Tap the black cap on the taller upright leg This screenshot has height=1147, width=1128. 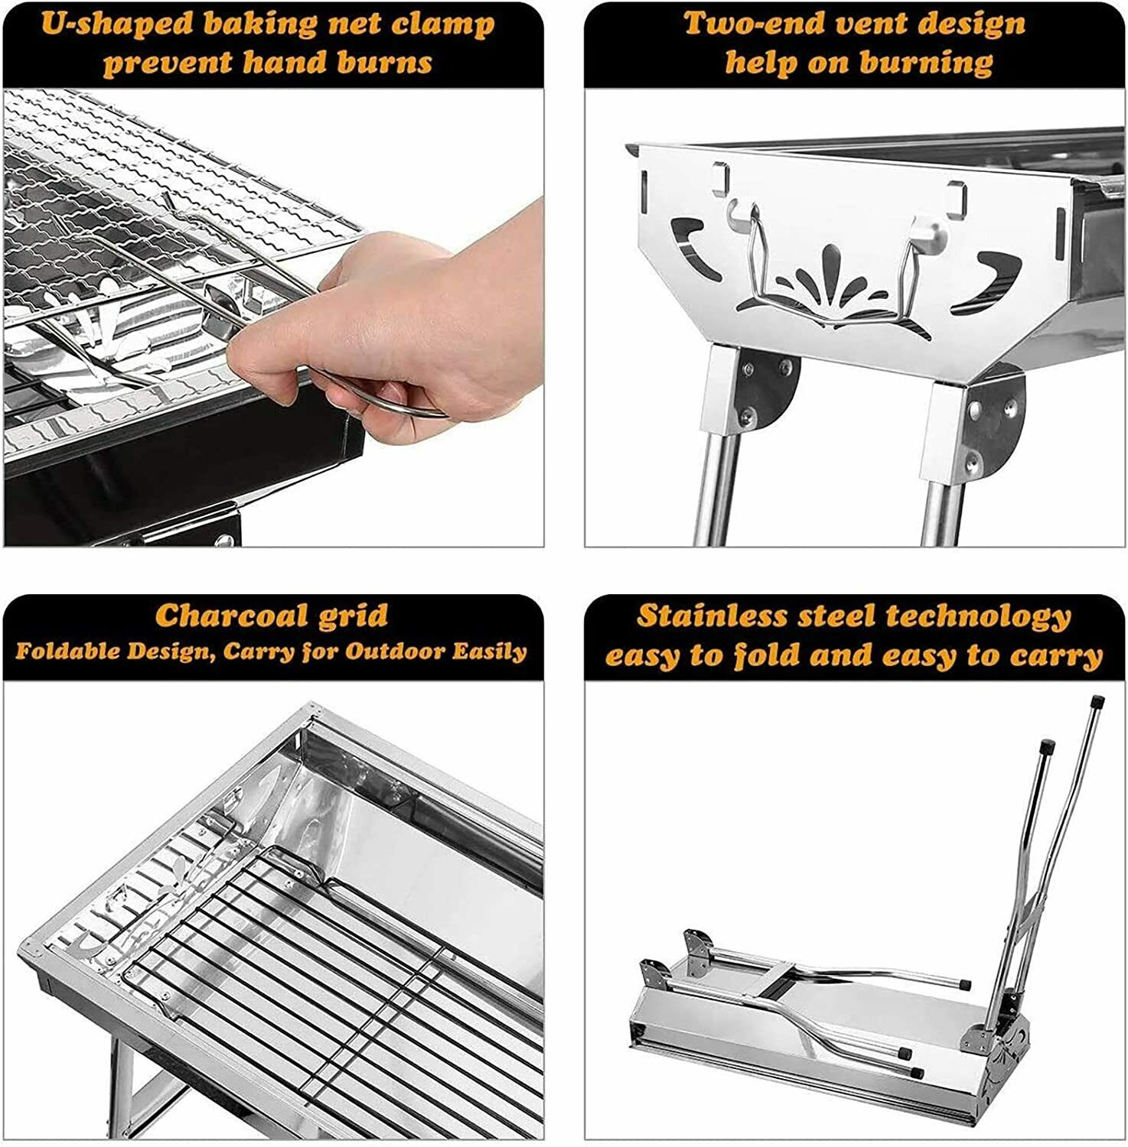click(1096, 700)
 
